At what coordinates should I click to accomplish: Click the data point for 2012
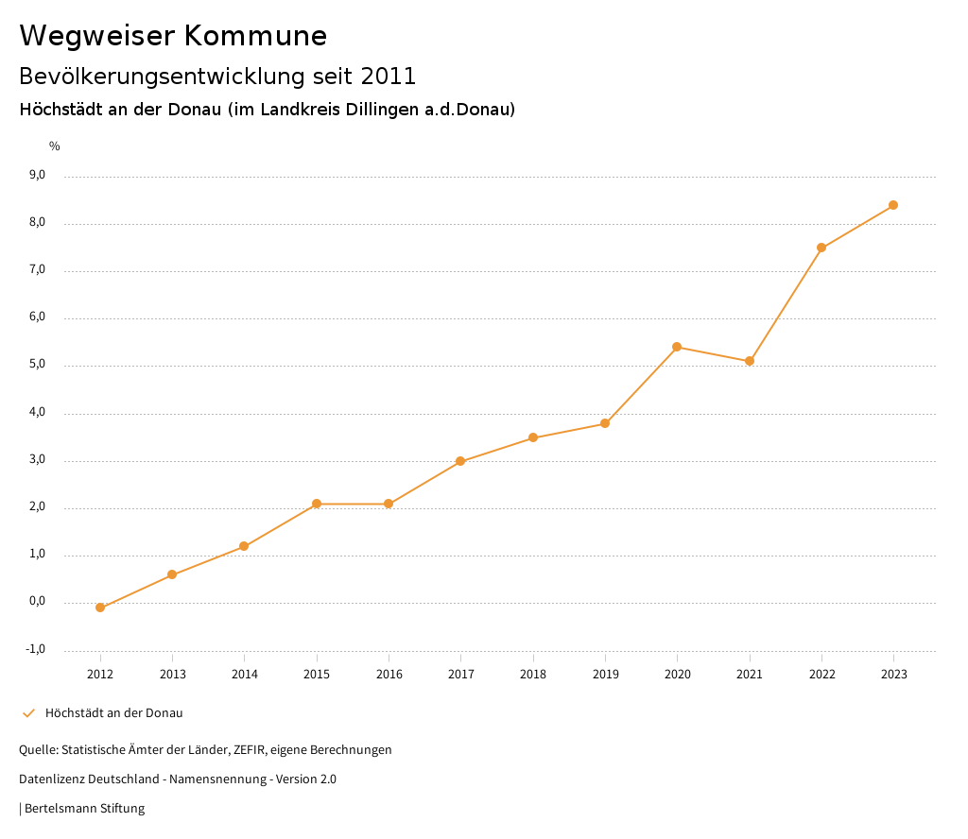[100, 608]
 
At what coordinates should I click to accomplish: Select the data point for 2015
[317, 504]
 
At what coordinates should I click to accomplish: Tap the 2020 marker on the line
[677, 347]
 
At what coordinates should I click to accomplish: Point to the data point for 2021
[750, 361]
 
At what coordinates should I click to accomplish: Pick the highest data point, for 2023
[893, 205]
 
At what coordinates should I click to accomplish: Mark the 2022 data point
[821, 248]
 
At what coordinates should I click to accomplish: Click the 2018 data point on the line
[533, 437]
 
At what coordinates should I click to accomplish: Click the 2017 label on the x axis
[461, 675]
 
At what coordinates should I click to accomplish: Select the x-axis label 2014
[245, 675]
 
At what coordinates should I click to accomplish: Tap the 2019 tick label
[606, 675]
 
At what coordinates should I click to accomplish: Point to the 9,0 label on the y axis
[38, 175]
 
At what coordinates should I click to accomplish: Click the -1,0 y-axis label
[36, 649]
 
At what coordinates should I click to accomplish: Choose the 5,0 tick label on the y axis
[38, 365]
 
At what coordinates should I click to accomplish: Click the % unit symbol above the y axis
[55, 146]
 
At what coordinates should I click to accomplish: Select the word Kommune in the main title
[255, 36]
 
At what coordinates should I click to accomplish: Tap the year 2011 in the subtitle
[389, 76]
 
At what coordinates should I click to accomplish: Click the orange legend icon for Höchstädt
[28, 713]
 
